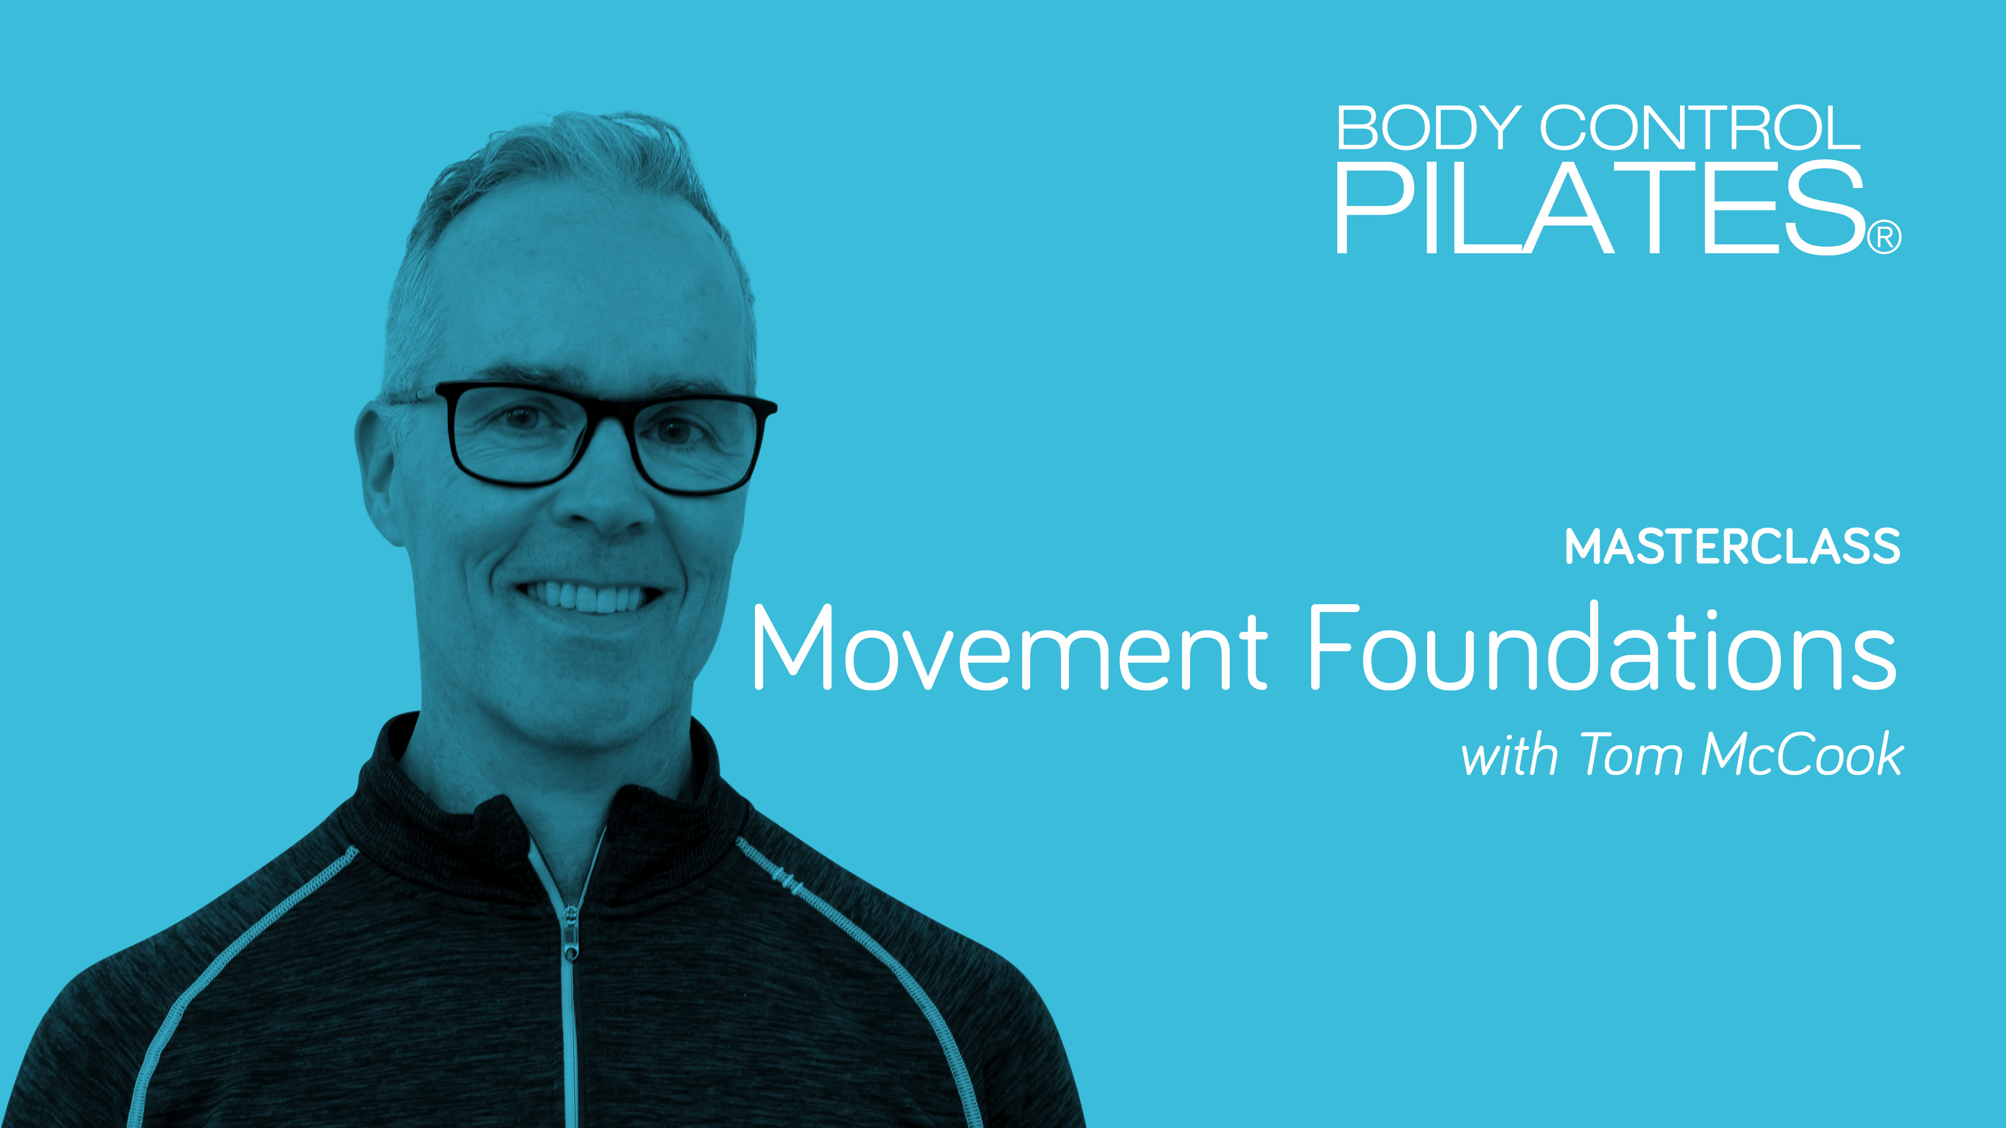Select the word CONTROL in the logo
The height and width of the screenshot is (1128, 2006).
[x=1700, y=128]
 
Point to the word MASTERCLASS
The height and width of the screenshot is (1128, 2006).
[x=1732, y=547]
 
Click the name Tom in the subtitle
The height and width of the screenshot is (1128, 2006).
[x=1630, y=755]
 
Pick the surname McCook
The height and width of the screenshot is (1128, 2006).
[x=1803, y=755]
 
